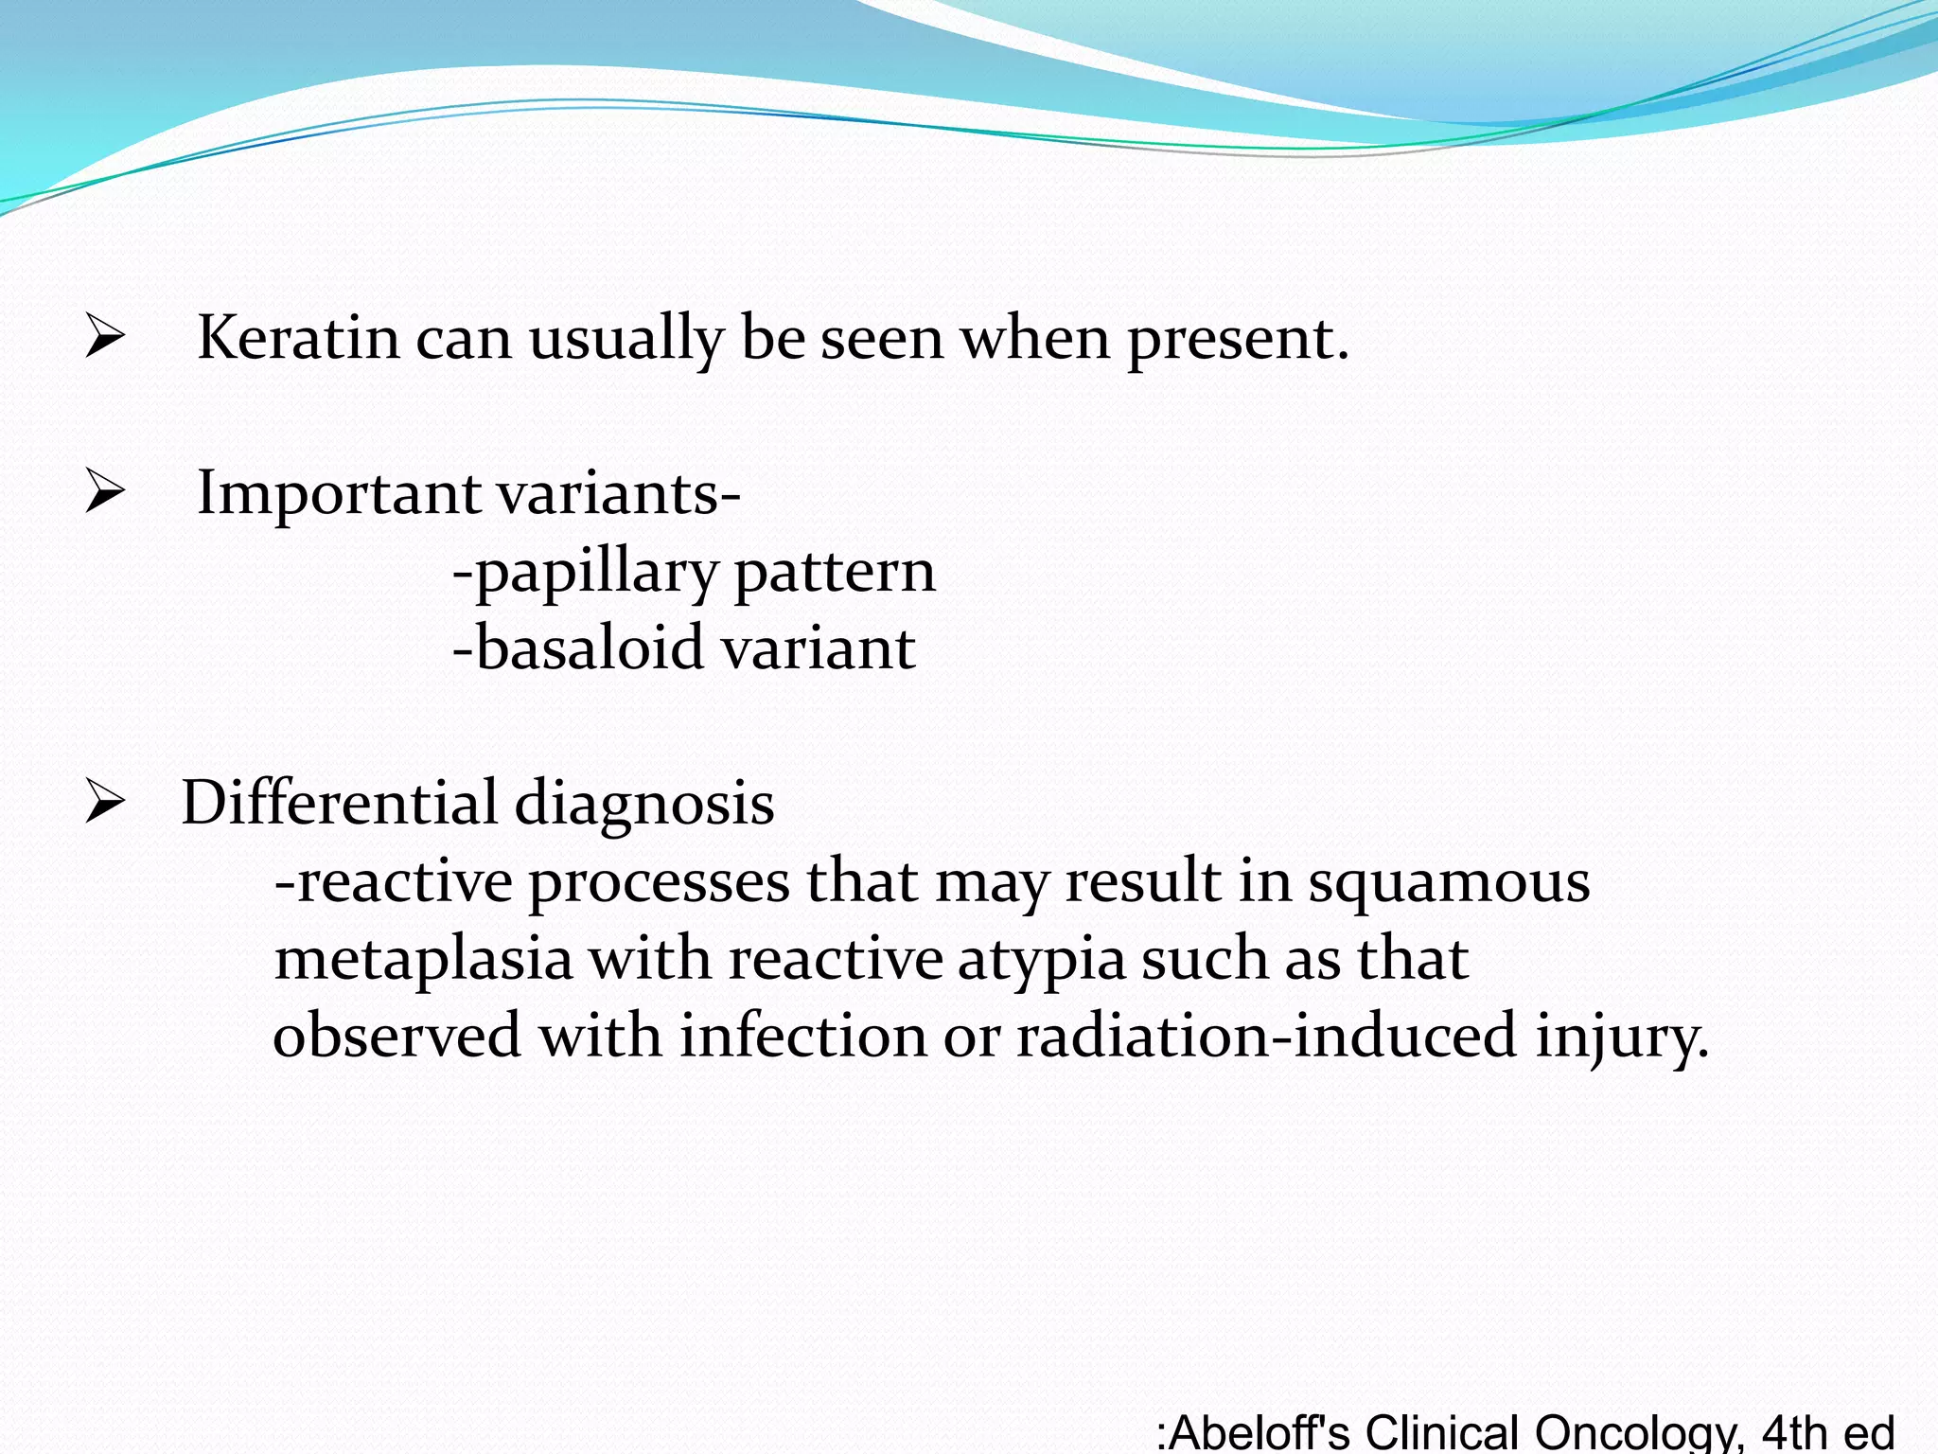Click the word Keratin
pyautogui.click(x=298, y=338)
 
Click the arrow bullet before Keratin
pyautogui.click(x=104, y=338)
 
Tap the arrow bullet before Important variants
pyautogui.click(x=104, y=493)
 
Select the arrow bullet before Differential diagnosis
pyautogui.click(x=104, y=803)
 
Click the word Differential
pyautogui.click(x=338, y=803)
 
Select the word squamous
pyautogui.click(x=1449, y=881)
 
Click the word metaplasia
pyautogui.click(x=423, y=959)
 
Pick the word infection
pyautogui.click(x=802, y=1036)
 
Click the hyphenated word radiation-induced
pyautogui.click(x=1266, y=1036)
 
